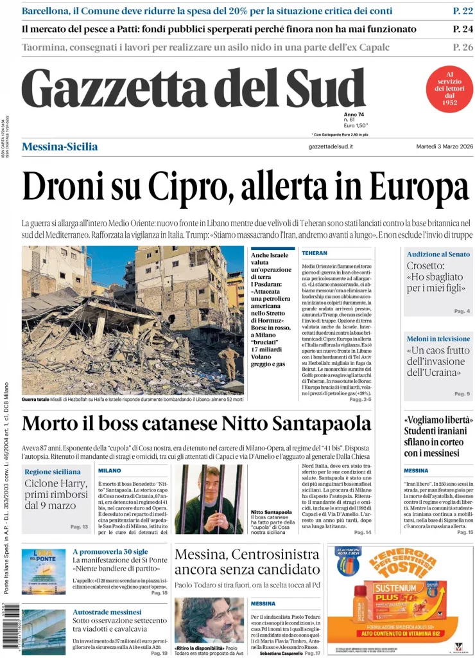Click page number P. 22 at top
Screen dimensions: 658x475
click(x=462, y=11)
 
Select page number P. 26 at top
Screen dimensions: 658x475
click(x=462, y=47)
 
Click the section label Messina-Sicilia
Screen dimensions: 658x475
click(x=60, y=147)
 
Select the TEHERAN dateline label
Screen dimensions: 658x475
click(x=315, y=253)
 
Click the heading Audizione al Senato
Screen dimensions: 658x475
click(x=438, y=254)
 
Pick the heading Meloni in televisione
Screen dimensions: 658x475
click(x=438, y=339)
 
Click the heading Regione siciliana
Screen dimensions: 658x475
click(x=53, y=472)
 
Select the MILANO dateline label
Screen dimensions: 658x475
click(x=110, y=470)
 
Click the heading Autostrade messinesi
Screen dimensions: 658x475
click(x=107, y=612)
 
